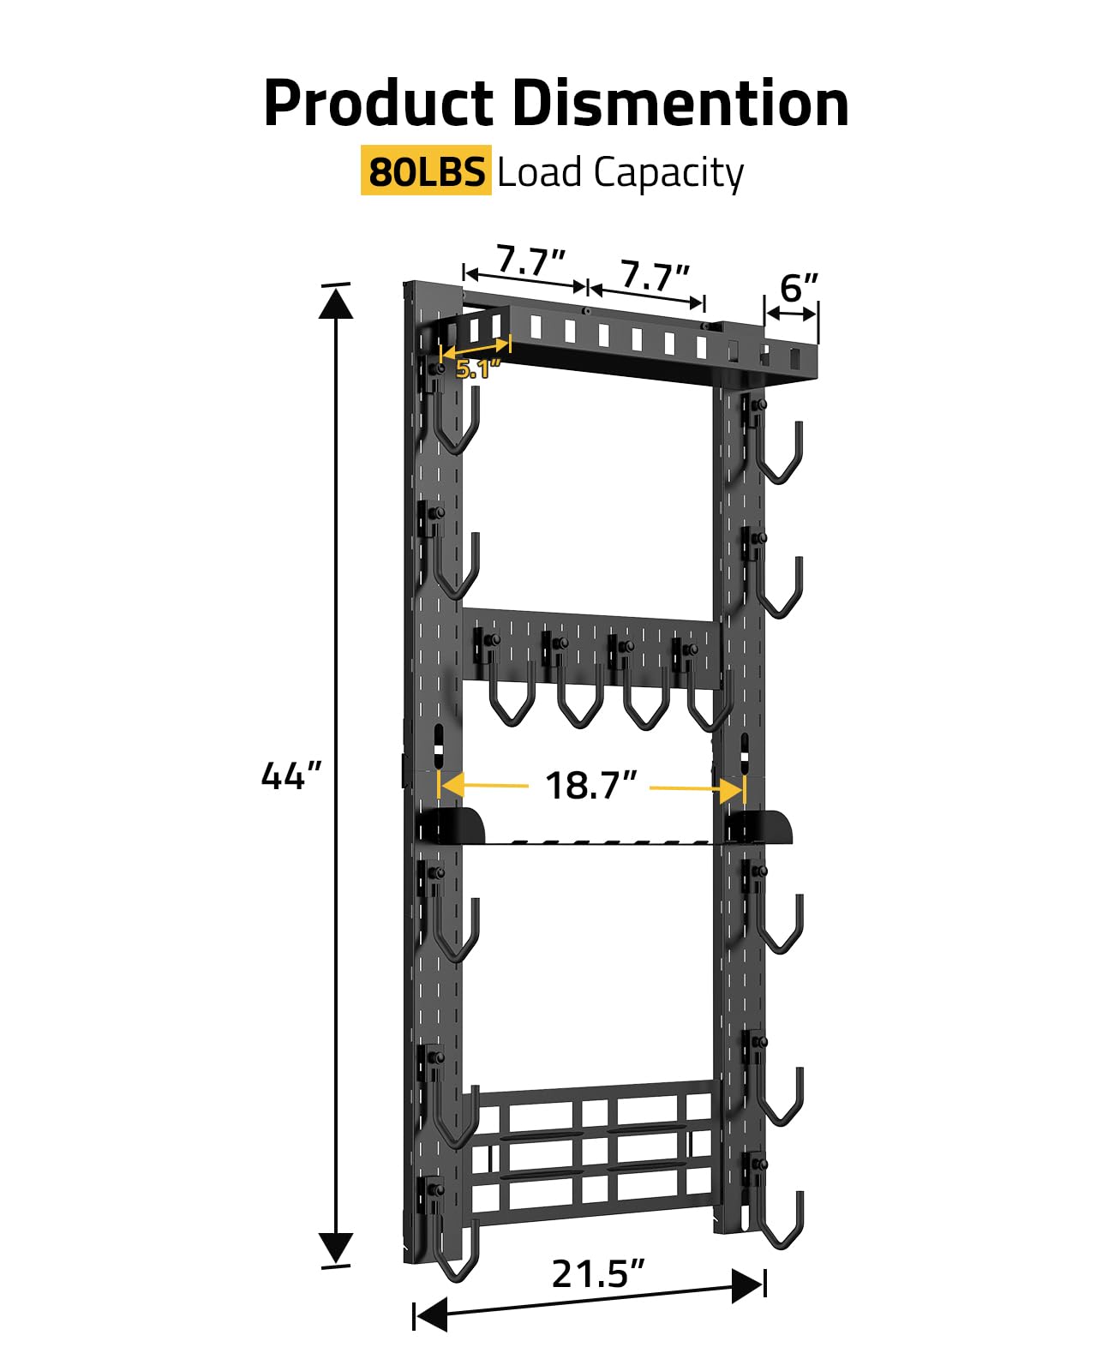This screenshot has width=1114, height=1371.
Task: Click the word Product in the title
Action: click(379, 104)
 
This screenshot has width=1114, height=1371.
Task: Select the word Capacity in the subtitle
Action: click(668, 173)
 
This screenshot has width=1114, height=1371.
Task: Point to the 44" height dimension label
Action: click(290, 775)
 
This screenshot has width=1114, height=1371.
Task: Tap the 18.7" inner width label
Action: click(590, 785)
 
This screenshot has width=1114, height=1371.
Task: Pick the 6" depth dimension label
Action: click(798, 287)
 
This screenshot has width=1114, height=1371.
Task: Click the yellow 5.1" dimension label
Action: click(476, 368)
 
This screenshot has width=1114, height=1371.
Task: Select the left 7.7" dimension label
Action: click(530, 260)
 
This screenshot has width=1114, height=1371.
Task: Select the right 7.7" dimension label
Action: click(655, 277)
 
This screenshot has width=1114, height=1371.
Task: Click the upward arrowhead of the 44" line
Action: click(336, 303)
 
